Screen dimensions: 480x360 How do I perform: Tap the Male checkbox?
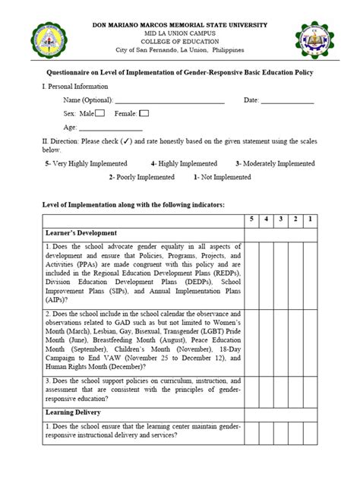coord(99,113)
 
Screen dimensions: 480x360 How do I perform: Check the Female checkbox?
coord(144,113)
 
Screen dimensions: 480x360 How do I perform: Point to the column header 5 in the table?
coord(253,219)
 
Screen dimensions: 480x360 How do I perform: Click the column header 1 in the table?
coord(311,219)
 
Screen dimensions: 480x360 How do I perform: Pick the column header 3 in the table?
coord(282,219)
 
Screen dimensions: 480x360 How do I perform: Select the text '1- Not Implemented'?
coord(223,177)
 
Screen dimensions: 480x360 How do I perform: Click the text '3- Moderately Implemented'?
coord(274,163)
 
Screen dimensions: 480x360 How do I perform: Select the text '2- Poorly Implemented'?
coord(141,177)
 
